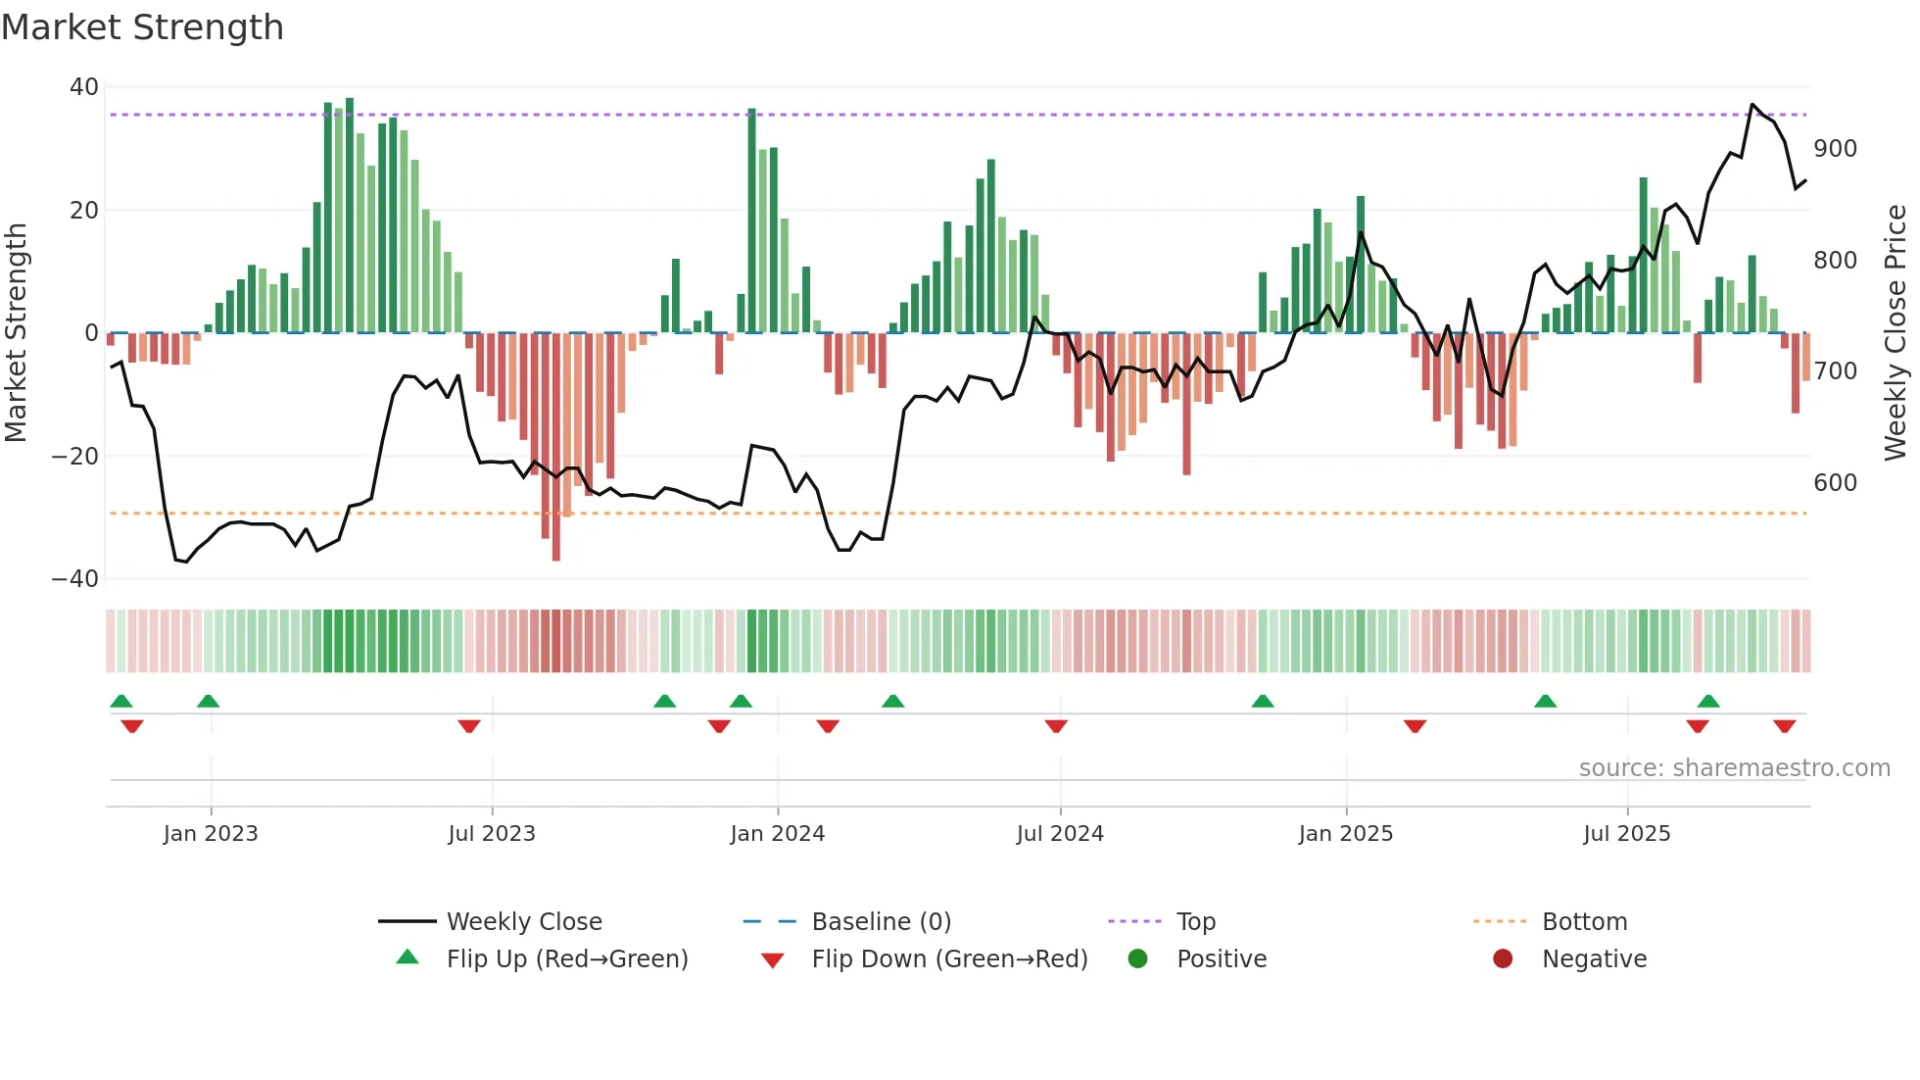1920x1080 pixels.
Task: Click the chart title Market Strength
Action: [x=142, y=27]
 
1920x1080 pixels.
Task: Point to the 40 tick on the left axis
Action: [x=84, y=87]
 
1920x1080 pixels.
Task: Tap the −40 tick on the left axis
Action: [x=75, y=579]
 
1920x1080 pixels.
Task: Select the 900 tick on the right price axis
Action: [x=1835, y=149]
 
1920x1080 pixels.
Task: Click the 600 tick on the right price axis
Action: [x=1835, y=483]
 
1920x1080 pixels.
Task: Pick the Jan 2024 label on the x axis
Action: [x=777, y=834]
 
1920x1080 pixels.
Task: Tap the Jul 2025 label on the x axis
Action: [x=1626, y=834]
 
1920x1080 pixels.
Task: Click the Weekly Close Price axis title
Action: [x=1896, y=333]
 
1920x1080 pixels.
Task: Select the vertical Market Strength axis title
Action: [x=17, y=333]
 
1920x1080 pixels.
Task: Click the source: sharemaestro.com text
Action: [x=1734, y=768]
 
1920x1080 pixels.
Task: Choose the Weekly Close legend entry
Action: [x=524, y=922]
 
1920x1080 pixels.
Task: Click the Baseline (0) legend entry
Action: [x=881, y=922]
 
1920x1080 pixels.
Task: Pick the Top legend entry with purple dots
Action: [x=1195, y=922]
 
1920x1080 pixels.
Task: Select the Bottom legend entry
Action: [x=1584, y=922]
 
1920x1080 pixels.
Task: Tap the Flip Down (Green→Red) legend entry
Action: [x=948, y=959]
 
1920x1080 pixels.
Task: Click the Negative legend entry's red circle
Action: [x=1503, y=959]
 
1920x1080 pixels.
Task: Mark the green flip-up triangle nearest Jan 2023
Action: [x=208, y=701]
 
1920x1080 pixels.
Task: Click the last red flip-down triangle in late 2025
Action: [x=1784, y=726]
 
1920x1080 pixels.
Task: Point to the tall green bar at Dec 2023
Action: [x=751, y=221]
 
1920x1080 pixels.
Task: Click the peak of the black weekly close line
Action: [x=1752, y=104]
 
